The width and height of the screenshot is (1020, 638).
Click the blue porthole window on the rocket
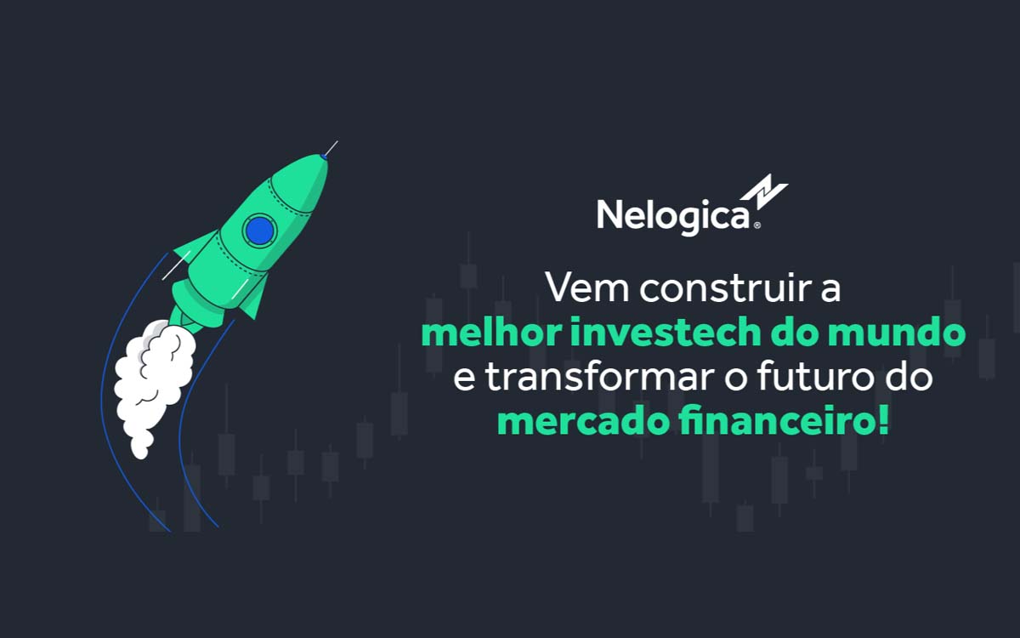click(258, 230)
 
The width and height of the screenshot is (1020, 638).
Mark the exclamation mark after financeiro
click(884, 422)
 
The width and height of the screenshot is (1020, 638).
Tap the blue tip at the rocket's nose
click(324, 156)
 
